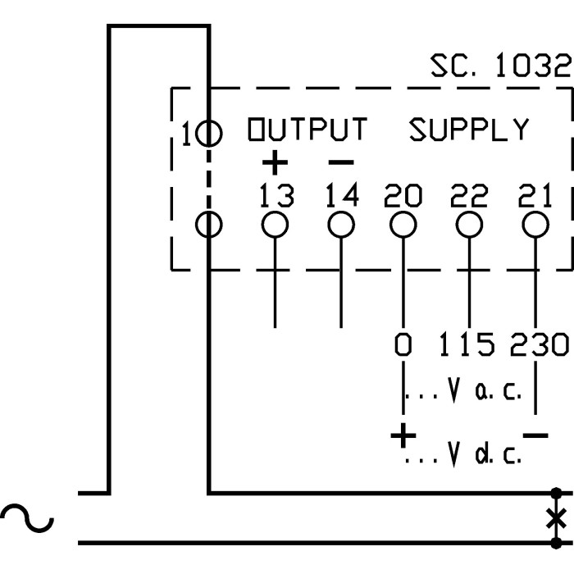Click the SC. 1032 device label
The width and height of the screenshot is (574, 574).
point(499,66)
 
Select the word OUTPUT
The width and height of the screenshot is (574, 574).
point(307,130)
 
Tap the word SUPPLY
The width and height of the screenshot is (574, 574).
point(469,130)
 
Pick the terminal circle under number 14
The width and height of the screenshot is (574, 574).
point(341,224)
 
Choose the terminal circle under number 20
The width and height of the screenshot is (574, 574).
point(402,224)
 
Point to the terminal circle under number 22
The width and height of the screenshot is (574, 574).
point(468,224)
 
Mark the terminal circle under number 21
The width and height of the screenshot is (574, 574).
point(535,224)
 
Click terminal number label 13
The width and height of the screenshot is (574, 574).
point(276,196)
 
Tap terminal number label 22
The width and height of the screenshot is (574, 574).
point(468,196)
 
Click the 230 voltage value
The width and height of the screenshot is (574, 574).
point(539,345)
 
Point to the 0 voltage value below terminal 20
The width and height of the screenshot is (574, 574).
point(403,345)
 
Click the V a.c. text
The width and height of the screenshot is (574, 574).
point(484,394)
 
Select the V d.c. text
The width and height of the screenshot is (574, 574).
point(484,453)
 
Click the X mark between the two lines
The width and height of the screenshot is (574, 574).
point(557,518)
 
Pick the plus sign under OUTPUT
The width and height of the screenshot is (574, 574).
point(275,163)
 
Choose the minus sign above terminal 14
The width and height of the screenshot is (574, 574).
point(341,163)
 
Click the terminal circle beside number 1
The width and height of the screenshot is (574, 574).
point(208,132)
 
